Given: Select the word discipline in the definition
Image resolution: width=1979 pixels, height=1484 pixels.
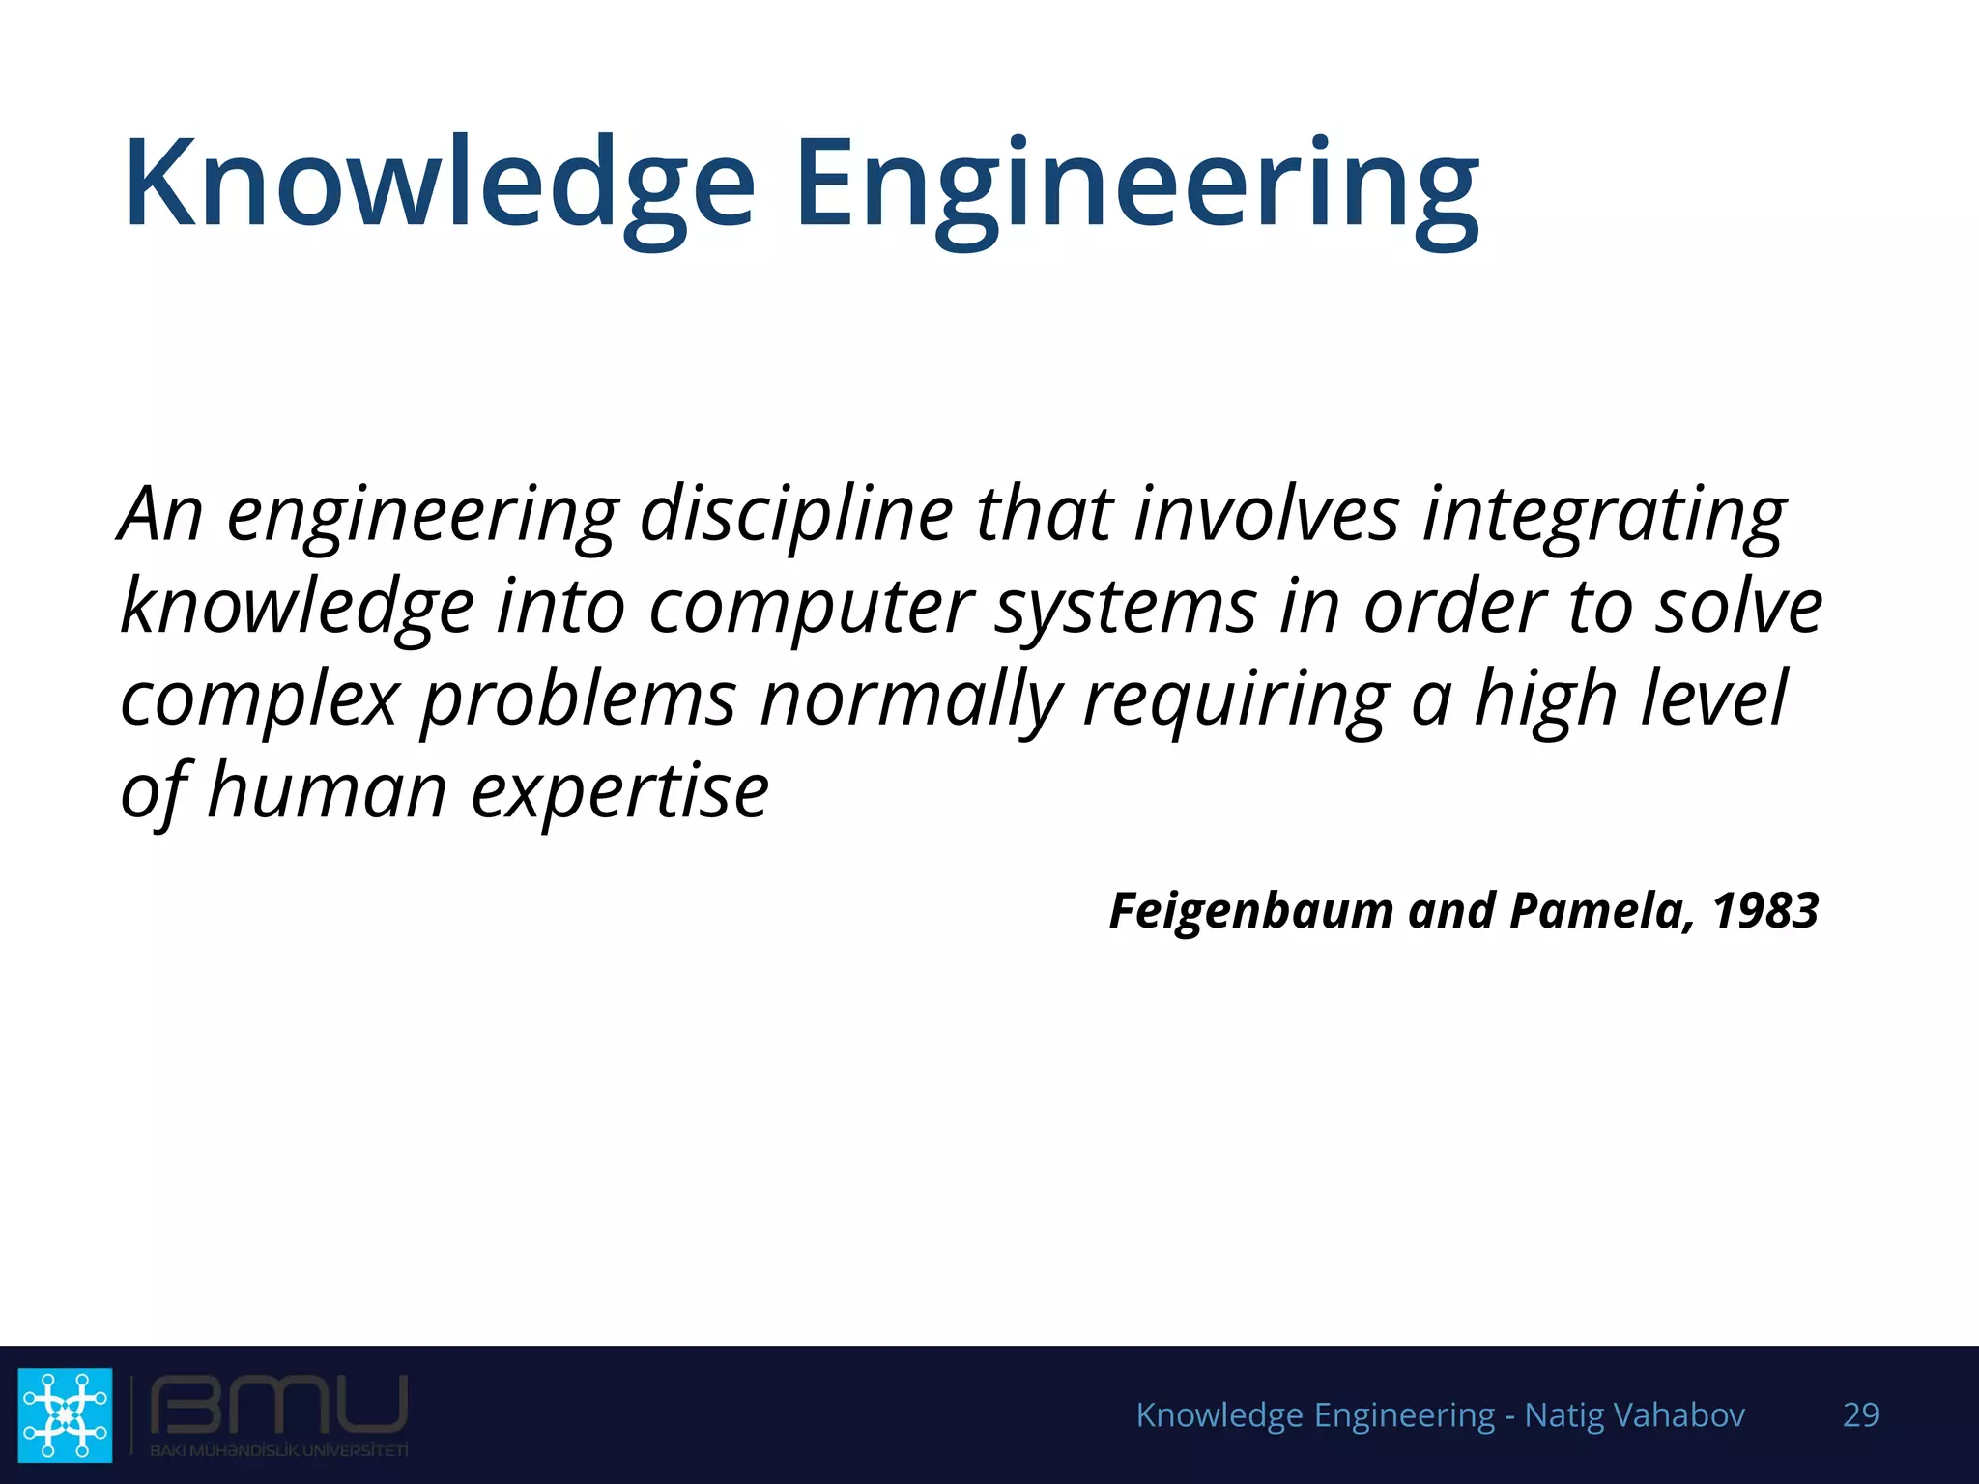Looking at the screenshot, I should click(796, 514).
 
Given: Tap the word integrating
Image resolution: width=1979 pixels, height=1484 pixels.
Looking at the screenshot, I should click(1604, 516).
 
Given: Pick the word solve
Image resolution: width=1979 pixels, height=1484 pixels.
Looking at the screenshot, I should click(1739, 607).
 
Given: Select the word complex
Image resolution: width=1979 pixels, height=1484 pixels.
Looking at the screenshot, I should click(259, 700).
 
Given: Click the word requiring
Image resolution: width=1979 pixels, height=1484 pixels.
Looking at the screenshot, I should click(1237, 700).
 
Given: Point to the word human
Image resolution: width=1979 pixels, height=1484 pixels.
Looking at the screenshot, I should click(327, 790).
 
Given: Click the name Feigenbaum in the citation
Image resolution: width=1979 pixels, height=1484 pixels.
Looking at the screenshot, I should click(1251, 911).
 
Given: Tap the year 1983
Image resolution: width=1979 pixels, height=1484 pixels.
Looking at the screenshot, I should click(1765, 911).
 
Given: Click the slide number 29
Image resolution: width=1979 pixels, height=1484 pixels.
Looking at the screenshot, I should click(1861, 1414).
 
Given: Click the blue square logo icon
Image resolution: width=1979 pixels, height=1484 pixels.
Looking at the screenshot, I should click(66, 1414).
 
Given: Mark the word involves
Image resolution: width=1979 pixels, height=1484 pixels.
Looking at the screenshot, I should click(1266, 514).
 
